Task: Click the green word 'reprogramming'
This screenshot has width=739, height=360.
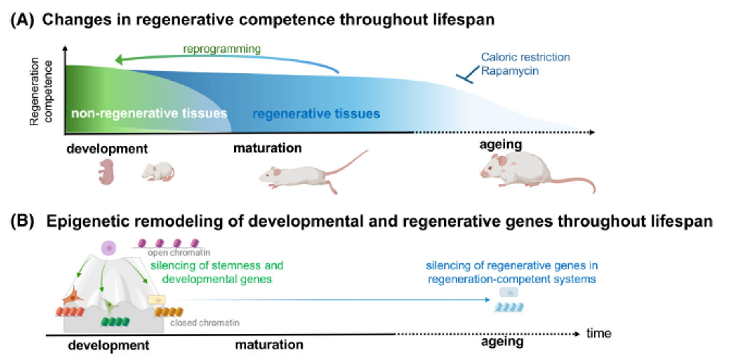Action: (222, 49)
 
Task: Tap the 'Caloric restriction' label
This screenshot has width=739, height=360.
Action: (525, 57)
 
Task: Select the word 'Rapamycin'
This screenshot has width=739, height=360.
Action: (510, 71)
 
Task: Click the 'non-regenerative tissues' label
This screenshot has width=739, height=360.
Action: (149, 113)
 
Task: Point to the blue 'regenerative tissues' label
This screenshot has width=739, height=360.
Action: (316, 114)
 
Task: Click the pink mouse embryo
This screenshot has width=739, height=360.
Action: (107, 172)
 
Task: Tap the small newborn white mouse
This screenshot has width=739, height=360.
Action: (158, 172)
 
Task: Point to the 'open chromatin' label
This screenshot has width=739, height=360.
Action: (179, 253)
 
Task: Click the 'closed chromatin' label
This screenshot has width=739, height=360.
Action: (205, 323)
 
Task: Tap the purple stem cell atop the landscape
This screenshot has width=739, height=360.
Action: (109, 248)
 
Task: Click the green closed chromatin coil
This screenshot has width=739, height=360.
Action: (115, 322)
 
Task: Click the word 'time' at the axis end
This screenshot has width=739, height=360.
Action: (599, 334)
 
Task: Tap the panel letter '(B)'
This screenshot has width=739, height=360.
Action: (22, 221)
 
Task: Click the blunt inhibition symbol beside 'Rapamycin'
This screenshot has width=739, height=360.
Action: (467, 75)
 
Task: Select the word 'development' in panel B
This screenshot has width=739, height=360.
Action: (108, 345)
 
